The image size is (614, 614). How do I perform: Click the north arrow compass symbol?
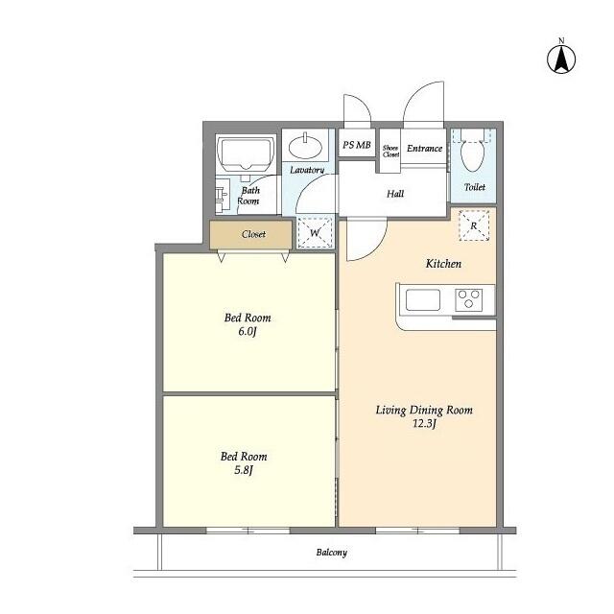coord(561,58)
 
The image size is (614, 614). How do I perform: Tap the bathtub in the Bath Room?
coord(247,153)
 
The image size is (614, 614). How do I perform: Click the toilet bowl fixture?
coord(472,153)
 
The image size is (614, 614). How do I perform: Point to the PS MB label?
coord(356,146)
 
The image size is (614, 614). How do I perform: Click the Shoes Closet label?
coord(390,150)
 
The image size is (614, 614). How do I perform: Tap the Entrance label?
coord(424,149)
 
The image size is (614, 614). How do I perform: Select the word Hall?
coord(394,194)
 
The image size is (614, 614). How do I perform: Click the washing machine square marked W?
coord(314,231)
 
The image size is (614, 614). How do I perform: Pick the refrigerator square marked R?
coord(474,224)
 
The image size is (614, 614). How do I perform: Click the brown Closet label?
coord(253,234)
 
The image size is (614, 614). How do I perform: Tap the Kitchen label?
coord(444,263)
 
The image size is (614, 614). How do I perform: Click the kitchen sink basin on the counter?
coord(422,299)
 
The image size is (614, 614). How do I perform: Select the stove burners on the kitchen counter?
coord(470,299)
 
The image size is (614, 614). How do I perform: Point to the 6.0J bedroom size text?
coord(248,332)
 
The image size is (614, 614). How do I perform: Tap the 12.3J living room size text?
coord(423,424)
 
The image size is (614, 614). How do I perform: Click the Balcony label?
coord(331,553)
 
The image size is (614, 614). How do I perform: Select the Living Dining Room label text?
coord(423,410)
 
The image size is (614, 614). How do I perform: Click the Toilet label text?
coord(474,187)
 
